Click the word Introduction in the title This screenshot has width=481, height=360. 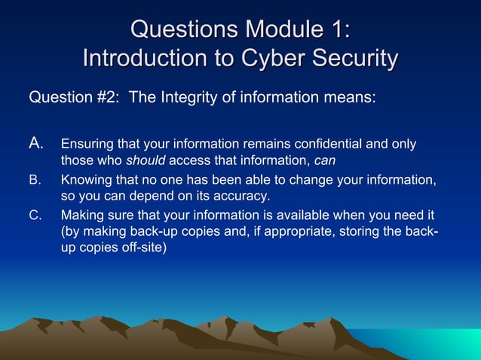pyautogui.click(x=145, y=58)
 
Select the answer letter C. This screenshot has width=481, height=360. pyautogui.click(x=35, y=214)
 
